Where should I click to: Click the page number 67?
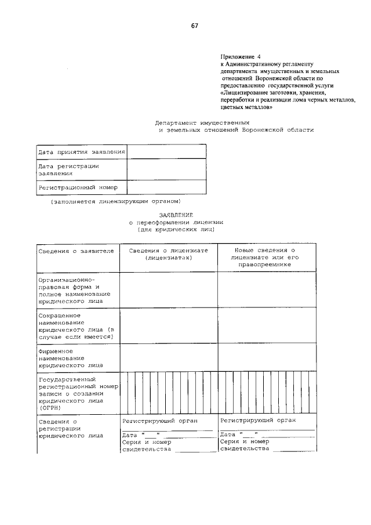195,26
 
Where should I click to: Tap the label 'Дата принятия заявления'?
81,152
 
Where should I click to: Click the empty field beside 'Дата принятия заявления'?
166,152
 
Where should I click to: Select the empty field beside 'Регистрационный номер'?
166,187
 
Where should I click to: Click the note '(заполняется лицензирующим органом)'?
115,201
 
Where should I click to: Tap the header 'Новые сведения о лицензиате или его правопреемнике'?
267,257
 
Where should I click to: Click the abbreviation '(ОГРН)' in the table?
50,407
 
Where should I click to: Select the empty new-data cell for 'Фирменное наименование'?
267,357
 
